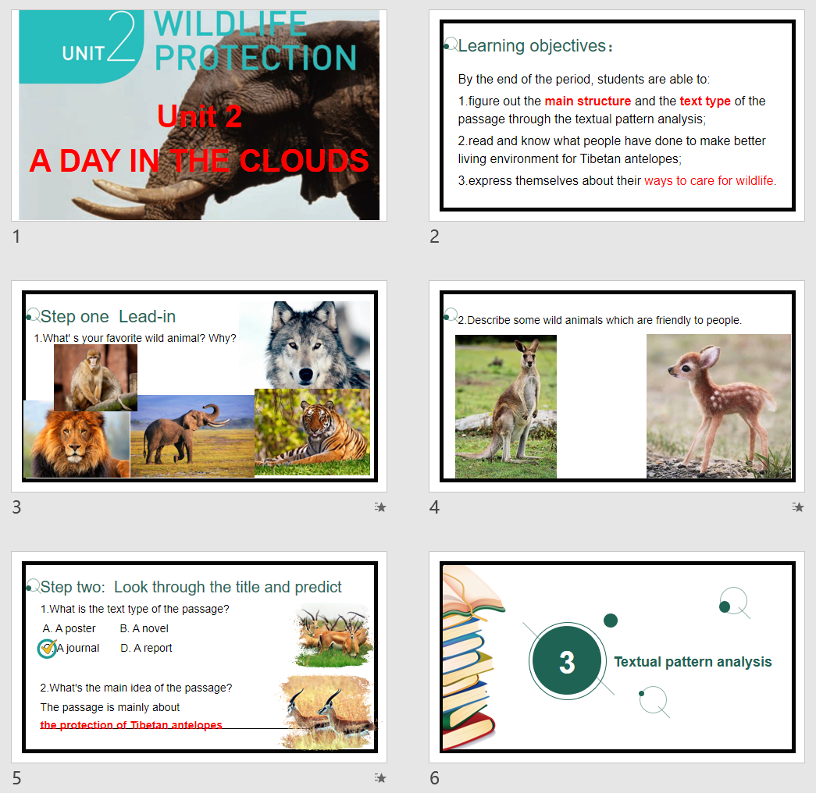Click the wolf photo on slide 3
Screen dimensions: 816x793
pyautogui.click(x=305, y=344)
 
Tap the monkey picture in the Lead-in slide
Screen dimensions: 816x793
pyautogui.click(x=95, y=377)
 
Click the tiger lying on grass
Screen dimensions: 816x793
pyautogui.click(x=312, y=432)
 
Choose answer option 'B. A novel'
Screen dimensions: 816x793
pyautogui.click(x=144, y=628)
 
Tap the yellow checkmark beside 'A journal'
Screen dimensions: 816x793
pyautogui.click(x=48, y=647)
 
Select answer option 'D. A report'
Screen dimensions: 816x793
pyautogui.click(x=146, y=648)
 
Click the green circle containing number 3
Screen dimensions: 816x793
pyautogui.click(x=567, y=661)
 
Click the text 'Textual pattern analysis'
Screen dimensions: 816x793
pyautogui.click(x=693, y=661)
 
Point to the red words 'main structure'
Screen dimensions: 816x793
pyautogui.click(x=587, y=101)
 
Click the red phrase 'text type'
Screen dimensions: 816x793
pyautogui.click(x=705, y=101)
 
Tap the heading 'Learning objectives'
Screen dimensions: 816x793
pyautogui.click(x=532, y=46)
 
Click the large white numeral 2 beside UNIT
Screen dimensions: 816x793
pyautogui.click(x=123, y=37)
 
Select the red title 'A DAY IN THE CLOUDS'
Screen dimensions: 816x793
pyautogui.click(x=199, y=160)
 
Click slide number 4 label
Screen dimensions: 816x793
pyautogui.click(x=434, y=507)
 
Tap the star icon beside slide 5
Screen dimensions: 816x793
pyautogui.click(x=380, y=777)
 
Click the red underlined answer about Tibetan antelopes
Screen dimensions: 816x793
pyautogui.click(x=131, y=725)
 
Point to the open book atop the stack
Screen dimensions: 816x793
pyautogui.click(x=471, y=591)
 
